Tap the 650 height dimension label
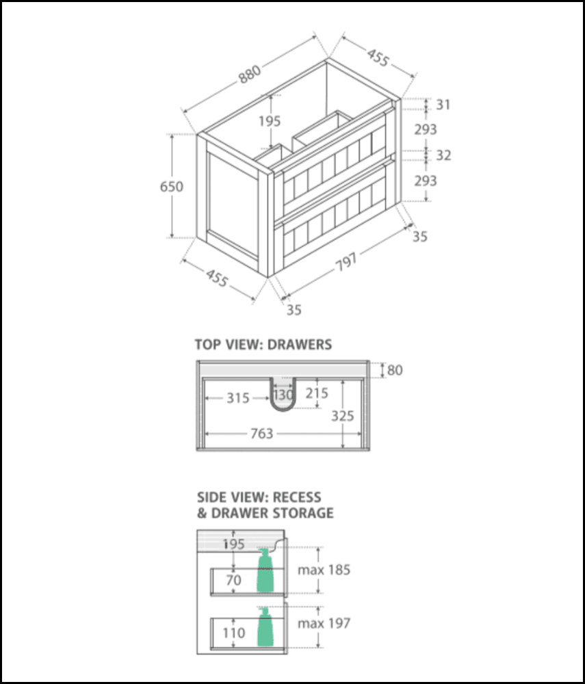[171, 186]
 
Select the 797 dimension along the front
[346, 259]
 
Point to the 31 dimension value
[443, 105]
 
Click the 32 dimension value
[443, 155]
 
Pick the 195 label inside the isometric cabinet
[270, 121]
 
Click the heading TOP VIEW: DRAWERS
[263, 344]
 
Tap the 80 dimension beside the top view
[395, 370]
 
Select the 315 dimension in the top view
[237, 397]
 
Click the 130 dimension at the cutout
[283, 395]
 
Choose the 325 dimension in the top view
[342, 415]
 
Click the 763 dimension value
[261, 433]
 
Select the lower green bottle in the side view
[265, 628]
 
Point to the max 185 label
[324, 569]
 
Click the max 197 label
[324, 623]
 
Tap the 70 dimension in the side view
[234, 580]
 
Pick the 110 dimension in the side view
[233, 633]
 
